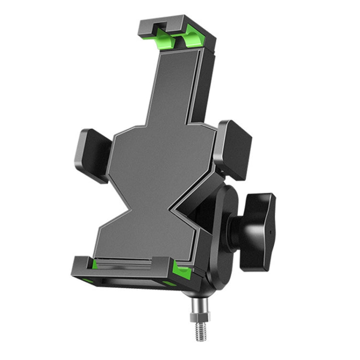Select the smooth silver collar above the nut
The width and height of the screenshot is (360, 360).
[197, 305]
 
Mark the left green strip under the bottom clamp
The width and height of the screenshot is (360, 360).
[88, 280]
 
